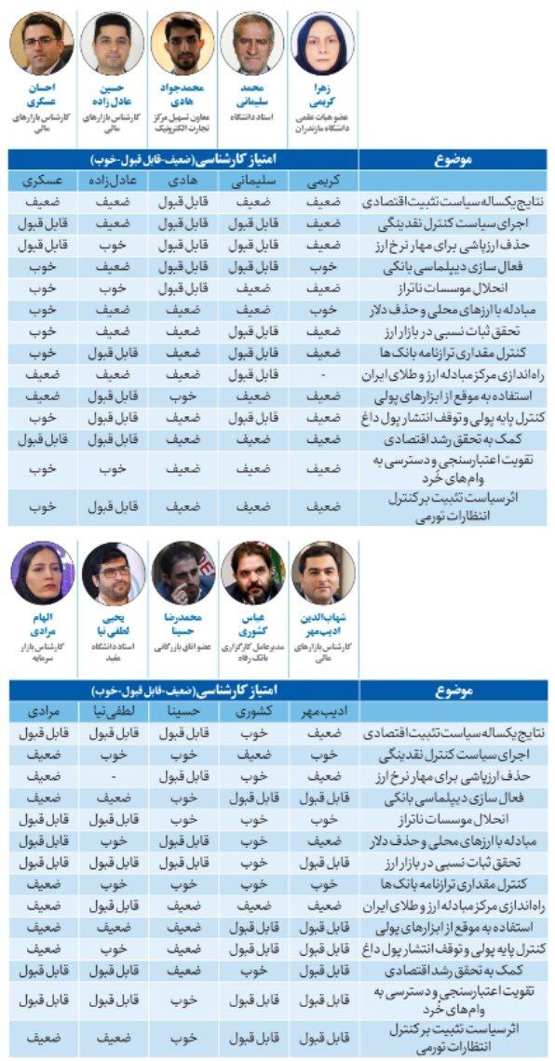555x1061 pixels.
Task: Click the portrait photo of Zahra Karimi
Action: [x=323, y=43]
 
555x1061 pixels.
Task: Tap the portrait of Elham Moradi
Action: [x=42, y=572]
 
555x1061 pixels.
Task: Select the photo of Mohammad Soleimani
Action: [x=252, y=43]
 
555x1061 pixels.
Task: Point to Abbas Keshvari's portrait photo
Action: [x=252, y=572]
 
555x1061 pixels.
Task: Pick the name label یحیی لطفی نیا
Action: [x=113, y=624]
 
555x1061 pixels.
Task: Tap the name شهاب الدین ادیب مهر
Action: [x=323, y=624]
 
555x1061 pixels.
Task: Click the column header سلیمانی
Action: [x=252, y=181]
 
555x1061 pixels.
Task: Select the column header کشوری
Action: [x=252, y=713]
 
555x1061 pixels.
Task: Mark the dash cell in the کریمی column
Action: [x=322, y=373]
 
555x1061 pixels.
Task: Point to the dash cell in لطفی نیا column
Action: [x=113, y=776]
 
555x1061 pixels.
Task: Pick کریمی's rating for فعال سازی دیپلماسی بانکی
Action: [x=322, y=266]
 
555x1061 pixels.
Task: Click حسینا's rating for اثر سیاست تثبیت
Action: [x=183, y=1036]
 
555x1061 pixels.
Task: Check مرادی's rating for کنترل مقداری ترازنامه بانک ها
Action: [x=42, y=883]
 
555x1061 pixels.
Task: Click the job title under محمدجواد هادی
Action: [x=183, y=120]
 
